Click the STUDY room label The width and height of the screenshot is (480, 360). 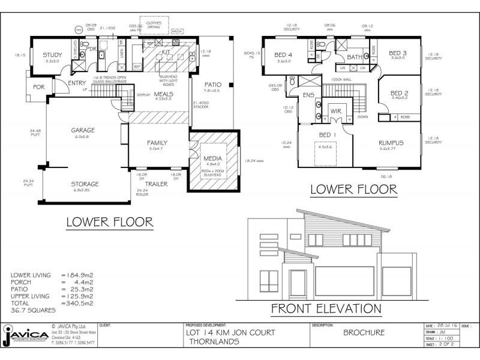[52, 55]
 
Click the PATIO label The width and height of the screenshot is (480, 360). [212, 85]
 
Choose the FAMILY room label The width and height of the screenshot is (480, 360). [158, 142]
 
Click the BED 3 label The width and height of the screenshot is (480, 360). [397, 53]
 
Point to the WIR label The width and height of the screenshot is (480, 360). [335, 112]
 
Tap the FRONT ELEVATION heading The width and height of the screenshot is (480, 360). [326, 309]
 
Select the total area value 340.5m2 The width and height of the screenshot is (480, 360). [76, 304]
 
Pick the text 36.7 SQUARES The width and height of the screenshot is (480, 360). [34, 310]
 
